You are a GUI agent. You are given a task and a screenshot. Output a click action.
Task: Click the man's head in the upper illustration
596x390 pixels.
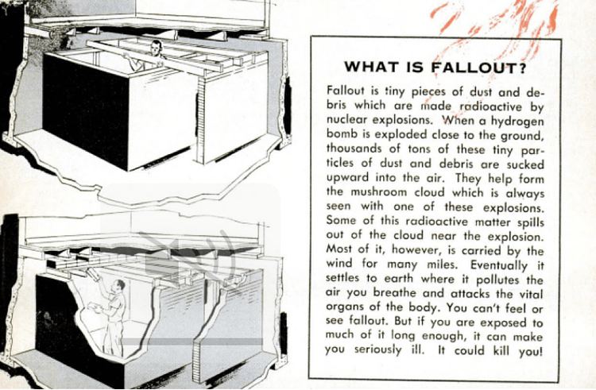tap(156, 47)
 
